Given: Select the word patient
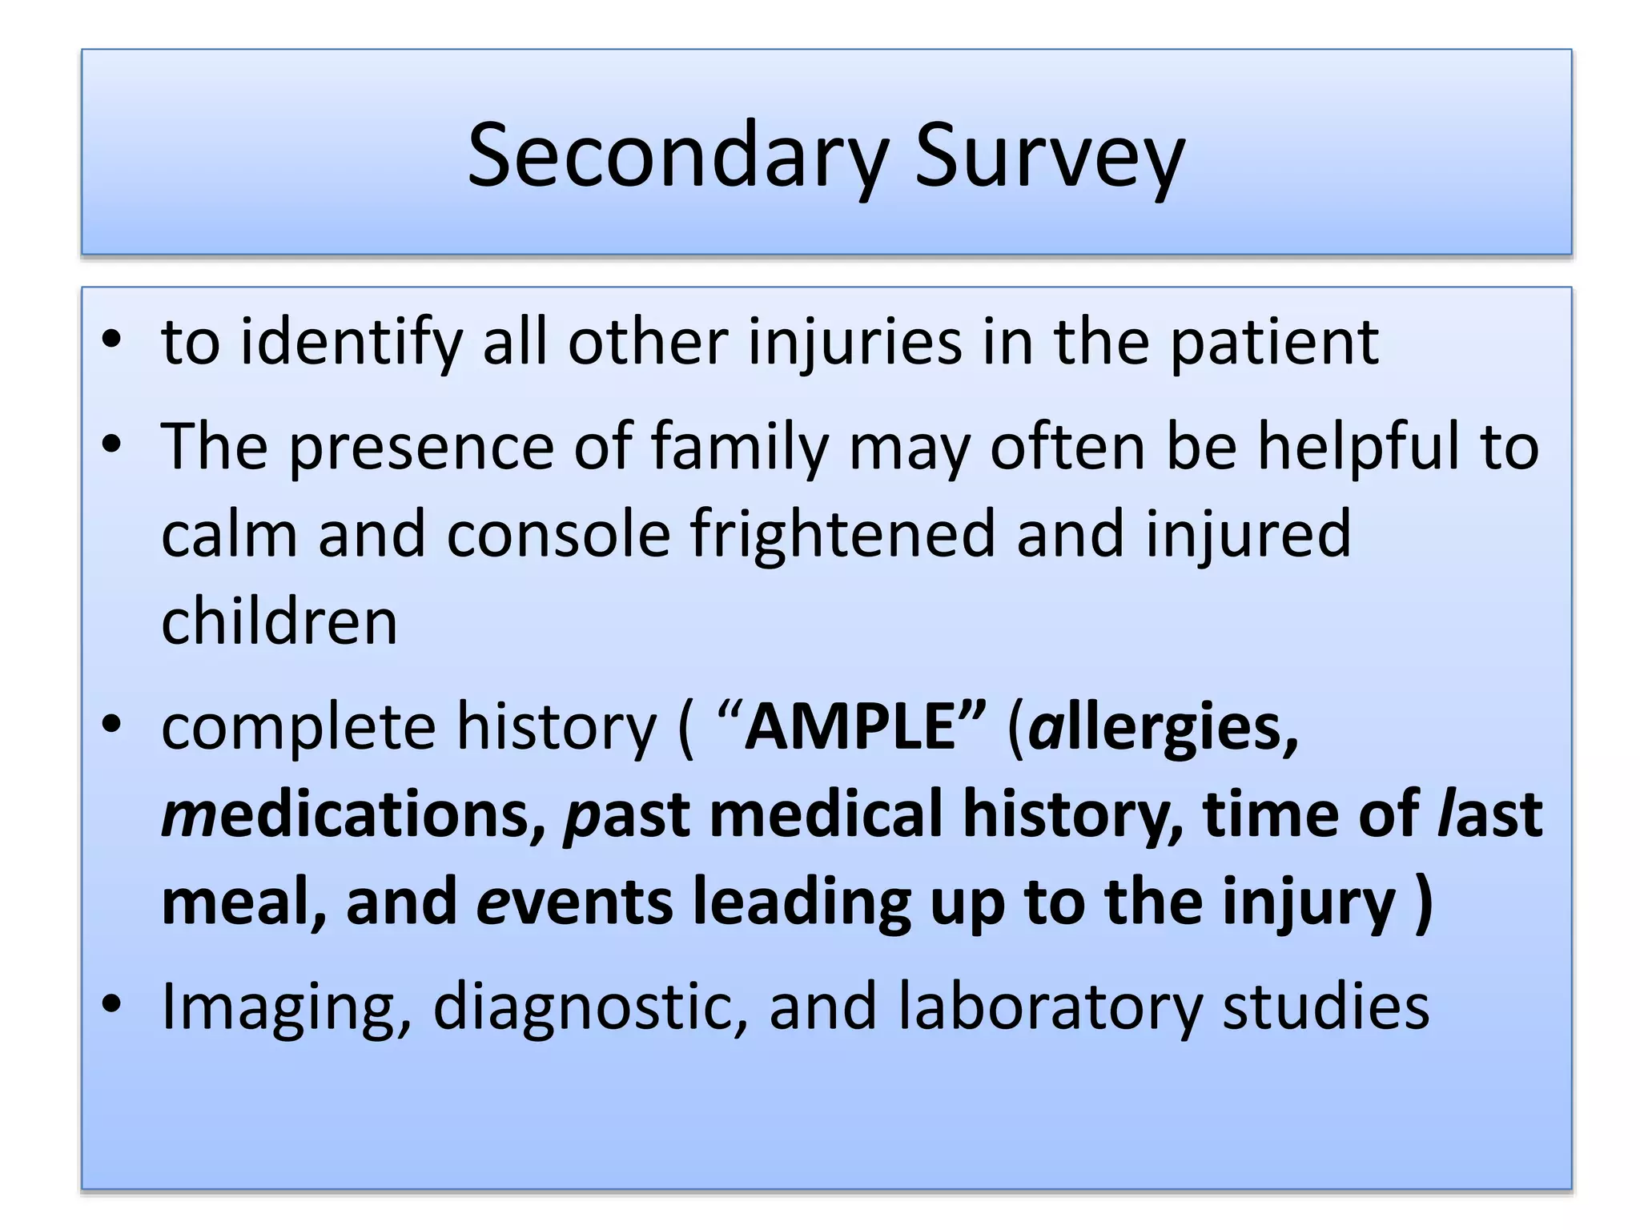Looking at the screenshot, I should pos(1275,343).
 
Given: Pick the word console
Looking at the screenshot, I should pos(558,534).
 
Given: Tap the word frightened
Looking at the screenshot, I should pos(842,534).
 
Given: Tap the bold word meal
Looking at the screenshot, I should pos(243,902).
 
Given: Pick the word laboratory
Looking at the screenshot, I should pos(1050,1007).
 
